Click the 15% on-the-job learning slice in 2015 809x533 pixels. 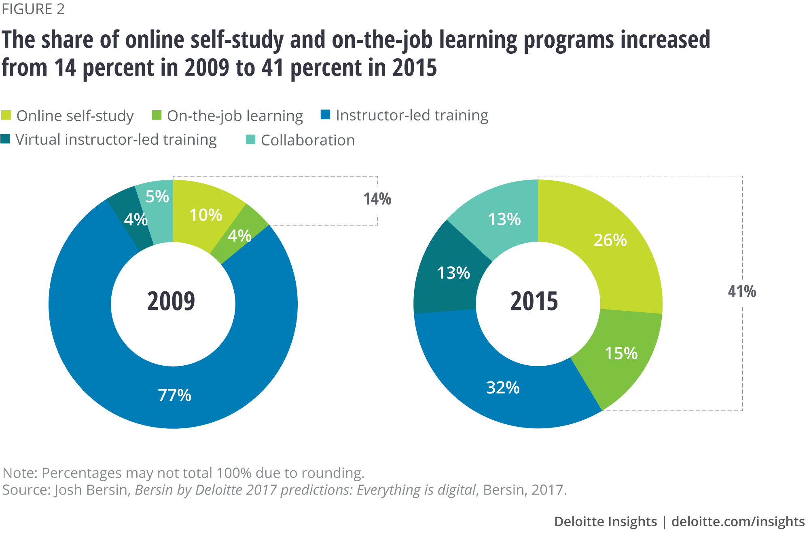point(621,354)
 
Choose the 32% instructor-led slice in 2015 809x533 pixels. point(503,388)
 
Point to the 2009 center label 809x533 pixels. point(171,301)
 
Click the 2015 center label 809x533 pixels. point(534,301)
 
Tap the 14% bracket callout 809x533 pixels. point(377,199)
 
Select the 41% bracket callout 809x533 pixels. point(742,291)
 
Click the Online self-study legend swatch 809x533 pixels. point(6,116)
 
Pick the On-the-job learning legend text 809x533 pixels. point(235,116)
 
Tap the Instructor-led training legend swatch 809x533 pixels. point(326,115)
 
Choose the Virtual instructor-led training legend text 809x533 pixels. point(116,140)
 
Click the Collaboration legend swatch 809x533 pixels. point(251,140)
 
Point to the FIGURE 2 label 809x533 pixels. point(33,9)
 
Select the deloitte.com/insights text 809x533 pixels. point(738,521)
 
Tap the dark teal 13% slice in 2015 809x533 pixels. point(453,273)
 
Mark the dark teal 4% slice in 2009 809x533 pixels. point(136,220)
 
